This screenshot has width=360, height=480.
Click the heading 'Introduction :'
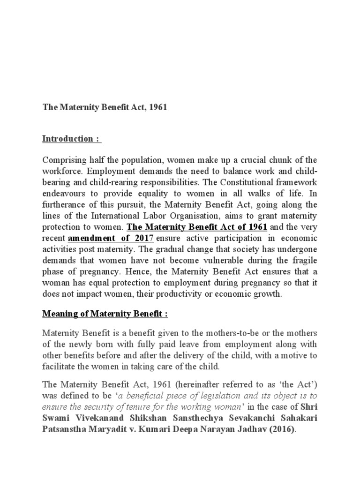point(72,139)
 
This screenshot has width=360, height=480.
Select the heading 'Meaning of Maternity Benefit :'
point(105,314)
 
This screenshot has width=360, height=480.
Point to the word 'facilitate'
point(58,367)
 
